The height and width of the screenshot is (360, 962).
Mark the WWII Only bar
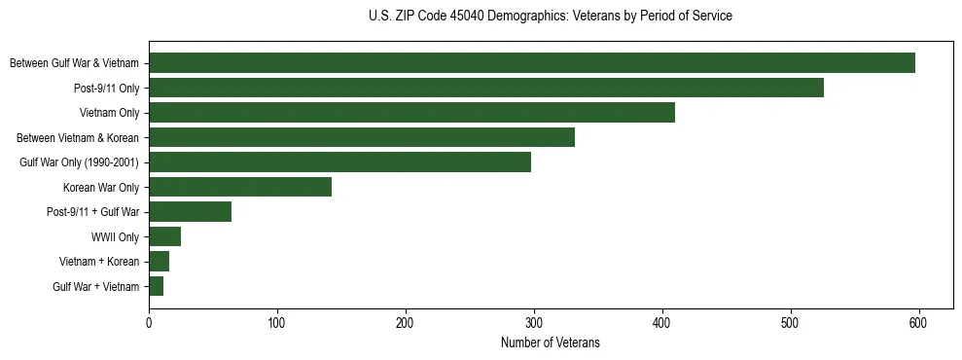click(164, 236)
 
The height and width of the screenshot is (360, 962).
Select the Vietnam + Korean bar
click(159, 261)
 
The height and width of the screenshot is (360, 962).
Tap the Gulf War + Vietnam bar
click(156, 286)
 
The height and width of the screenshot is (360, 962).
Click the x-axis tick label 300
click(534, 323)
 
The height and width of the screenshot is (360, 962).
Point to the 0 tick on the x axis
click(149, 323)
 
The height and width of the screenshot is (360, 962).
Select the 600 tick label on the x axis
click(919, 323)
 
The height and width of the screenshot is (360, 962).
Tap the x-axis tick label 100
click(277, 323)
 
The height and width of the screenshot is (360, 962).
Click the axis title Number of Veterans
click(550, 343)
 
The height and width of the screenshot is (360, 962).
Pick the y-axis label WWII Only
click(115, 236)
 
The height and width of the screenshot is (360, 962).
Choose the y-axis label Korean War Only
click(101, 187)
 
